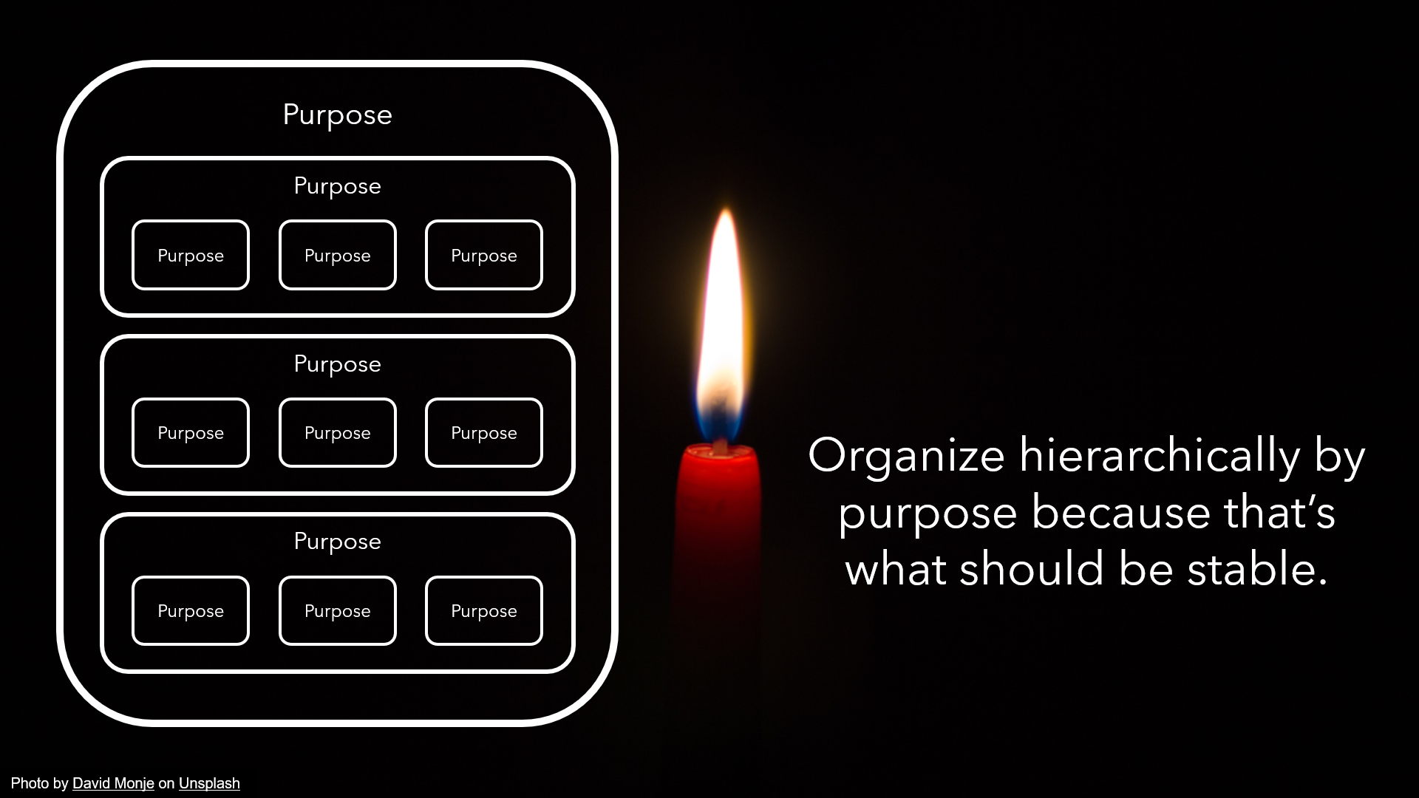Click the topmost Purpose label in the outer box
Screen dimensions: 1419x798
coord(337,115)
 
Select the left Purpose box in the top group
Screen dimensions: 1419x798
coord(191,255)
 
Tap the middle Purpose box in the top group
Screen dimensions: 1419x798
coord(337,255)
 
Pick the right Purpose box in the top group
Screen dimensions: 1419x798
coord(484,255)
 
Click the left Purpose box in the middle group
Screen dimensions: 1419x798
coord(191,433)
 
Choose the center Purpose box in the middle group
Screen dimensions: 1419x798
coord(337,433)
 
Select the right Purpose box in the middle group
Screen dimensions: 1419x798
coord(484,433)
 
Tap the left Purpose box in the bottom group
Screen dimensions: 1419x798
coord(191,611)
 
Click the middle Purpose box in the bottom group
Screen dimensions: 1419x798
coord(337,611)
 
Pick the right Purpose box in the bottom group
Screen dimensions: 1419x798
coord(484,611)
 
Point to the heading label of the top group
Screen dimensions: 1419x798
coord(337,186)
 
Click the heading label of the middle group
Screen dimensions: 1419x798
coord(337,364)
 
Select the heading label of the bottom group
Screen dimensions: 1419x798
coord(337,542)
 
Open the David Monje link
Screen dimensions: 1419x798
coord(113,783)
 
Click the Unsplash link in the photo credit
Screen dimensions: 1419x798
coord(209,783)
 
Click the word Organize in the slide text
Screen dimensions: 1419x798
coord(906,456)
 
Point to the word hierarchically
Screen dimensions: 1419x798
coord(1159,456)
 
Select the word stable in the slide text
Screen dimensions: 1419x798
coord(1256,570)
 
